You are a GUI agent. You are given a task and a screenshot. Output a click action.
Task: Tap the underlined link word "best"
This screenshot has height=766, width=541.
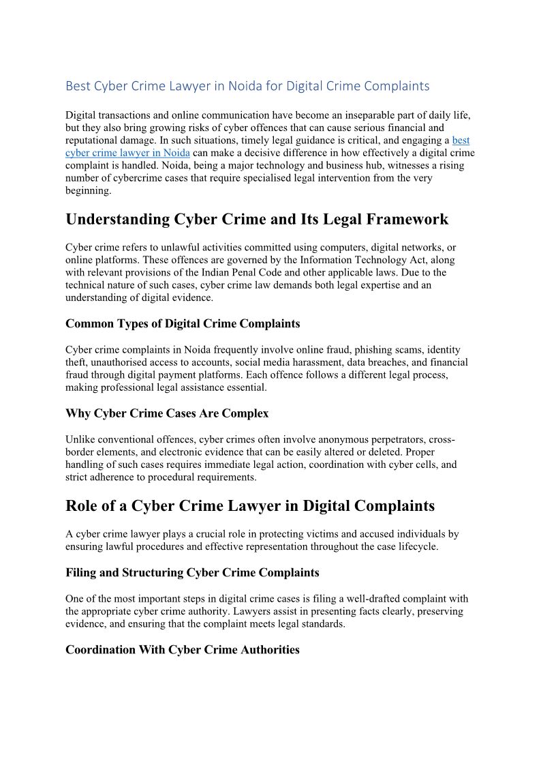tap(461, 140)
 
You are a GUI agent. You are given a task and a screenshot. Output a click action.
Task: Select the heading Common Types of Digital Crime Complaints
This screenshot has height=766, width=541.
tap(183, 323)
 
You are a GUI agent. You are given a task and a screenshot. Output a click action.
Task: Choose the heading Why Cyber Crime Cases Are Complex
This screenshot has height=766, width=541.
tap(167, 413)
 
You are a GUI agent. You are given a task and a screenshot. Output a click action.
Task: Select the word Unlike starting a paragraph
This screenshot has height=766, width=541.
tap(81, 439)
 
